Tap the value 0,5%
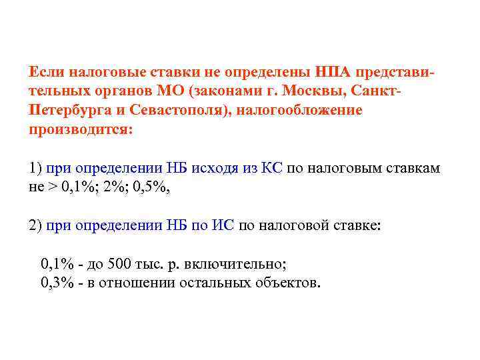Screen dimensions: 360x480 point(151,187)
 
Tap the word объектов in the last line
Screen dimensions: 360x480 point(287,283)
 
